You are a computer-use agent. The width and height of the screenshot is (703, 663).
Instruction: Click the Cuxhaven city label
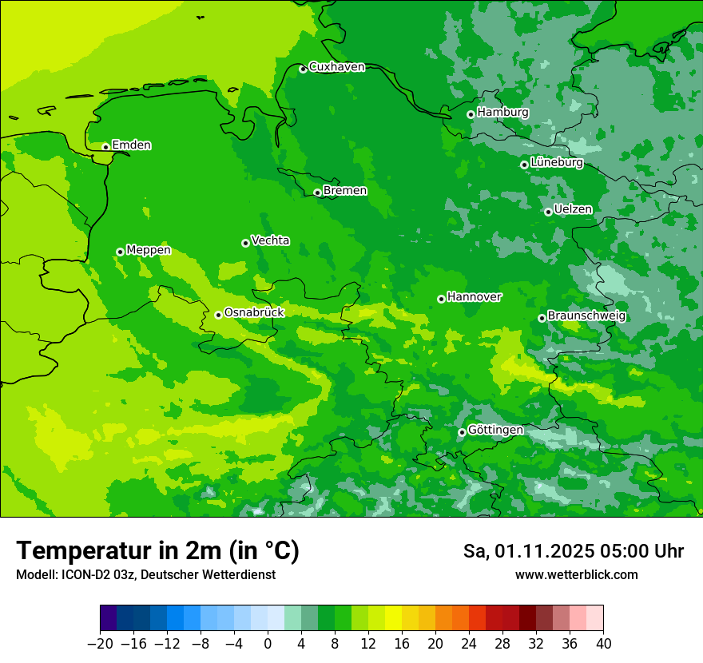(x=336, y=67)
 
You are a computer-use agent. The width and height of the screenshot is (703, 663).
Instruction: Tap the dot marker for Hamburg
(x=471, y=114)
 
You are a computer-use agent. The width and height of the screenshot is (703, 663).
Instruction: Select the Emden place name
(x=131, y=145)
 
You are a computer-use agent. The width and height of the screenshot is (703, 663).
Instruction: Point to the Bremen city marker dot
(x=317, y=193)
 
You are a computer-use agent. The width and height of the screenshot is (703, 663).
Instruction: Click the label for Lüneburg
(x=556, y=163)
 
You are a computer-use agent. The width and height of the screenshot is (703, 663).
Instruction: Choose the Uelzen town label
(x=573, y=210)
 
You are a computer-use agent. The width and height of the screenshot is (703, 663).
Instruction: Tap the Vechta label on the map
(x=270, y=241)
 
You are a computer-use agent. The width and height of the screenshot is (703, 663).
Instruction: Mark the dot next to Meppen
(x=120, y=252)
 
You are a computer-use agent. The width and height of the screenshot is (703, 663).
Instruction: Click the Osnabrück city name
(x=254, y=313)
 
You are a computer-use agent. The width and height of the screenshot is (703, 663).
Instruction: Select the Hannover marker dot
(x=441, y=299)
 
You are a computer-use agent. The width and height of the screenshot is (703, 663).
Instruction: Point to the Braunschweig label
(x=586, y=316)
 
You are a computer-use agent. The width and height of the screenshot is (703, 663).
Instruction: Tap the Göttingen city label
(x=495, y=431)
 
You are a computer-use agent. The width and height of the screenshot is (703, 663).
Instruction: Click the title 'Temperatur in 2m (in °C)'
(x=157, y=551)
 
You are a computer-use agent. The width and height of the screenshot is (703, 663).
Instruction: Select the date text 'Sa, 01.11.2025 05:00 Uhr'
(x=573, y=552)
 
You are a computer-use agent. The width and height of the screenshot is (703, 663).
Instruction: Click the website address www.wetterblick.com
(x=576, y=575)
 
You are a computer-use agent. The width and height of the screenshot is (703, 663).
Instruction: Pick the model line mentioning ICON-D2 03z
(x=145, y=575)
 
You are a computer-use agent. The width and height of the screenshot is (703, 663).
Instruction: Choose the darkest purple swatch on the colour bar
(x=108, y=618)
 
